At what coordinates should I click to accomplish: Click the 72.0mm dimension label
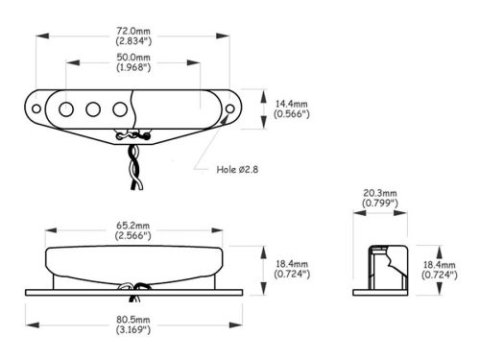tap(133, 31)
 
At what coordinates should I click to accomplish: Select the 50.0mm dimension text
tap(133, 58)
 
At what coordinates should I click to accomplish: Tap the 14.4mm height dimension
tap(292, 104)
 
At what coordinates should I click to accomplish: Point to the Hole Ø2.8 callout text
tap(237, 169)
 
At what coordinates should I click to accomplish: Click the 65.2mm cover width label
tap(132, 226)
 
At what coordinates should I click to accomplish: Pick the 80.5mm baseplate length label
tap(133, 320)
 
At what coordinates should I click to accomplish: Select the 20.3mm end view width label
tap(380, 193)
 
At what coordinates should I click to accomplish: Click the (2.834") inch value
tap(133, 41)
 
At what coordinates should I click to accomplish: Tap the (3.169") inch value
tap(133, 329)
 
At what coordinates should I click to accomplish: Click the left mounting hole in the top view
tap(36, 108)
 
